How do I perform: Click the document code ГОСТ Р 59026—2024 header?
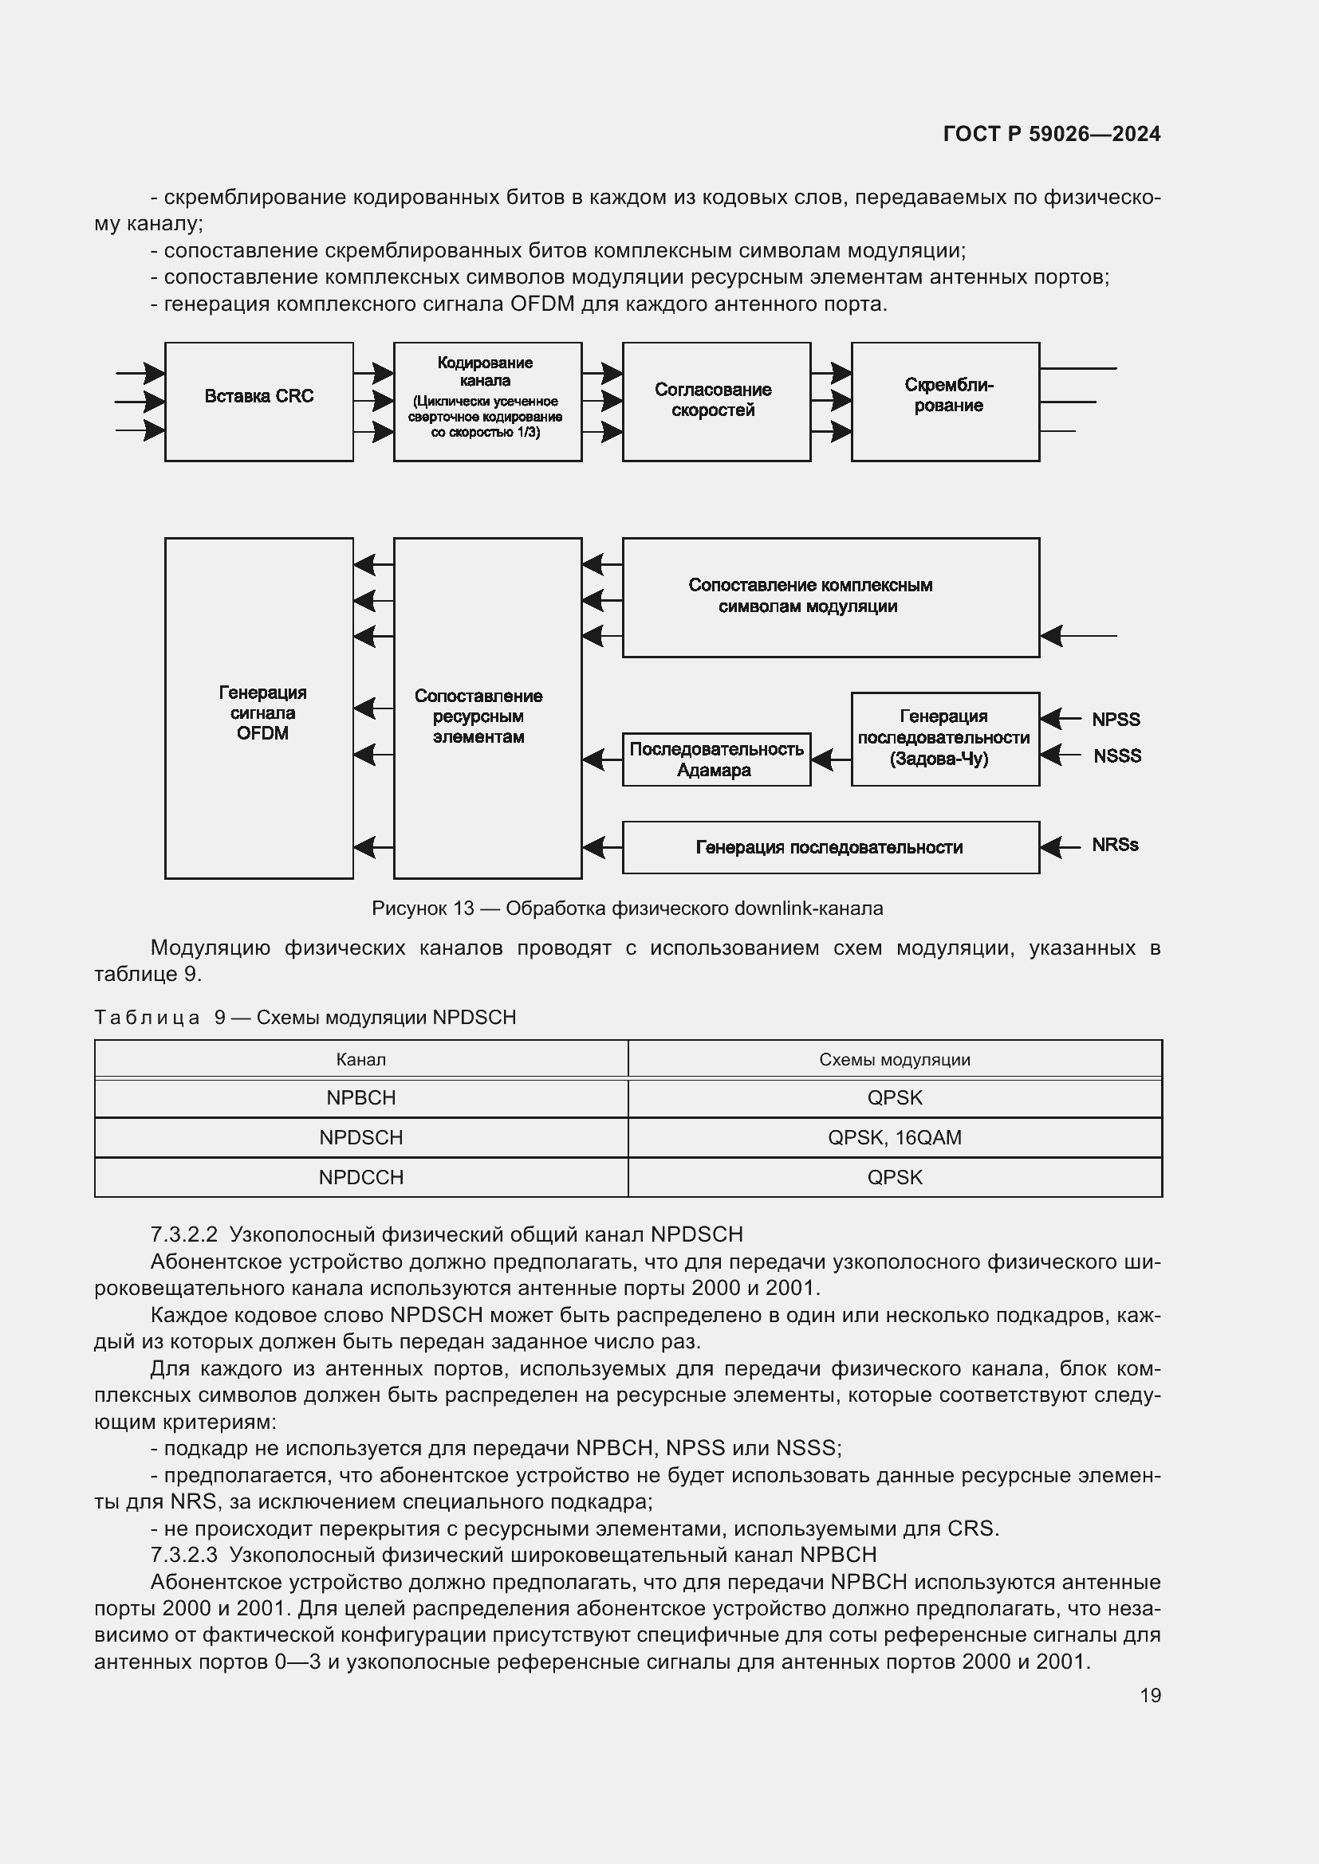click(1051, 134)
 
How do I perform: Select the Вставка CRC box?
click(258, 401)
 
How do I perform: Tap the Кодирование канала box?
click(487, 401)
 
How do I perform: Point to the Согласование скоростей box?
click(715, 401)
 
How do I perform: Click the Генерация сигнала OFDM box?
click(258, 708)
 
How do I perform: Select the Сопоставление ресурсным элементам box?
click(487, 708)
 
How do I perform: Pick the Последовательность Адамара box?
click(715, 759)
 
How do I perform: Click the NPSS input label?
click(1115, 720)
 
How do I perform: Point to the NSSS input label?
click(1116, 755)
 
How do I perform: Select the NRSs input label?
click(1114, 845)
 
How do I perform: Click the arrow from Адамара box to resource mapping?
click(602, 759)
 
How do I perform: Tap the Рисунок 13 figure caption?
click(627, 908)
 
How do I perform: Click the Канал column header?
click(360, 1059)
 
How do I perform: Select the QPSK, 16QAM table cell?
click(894, 1137)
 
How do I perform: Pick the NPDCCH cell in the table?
click(360, 1177)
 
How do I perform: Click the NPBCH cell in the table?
click(360, 1097)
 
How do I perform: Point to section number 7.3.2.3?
click(184, 1555)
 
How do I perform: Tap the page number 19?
click(1150, 1695)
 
